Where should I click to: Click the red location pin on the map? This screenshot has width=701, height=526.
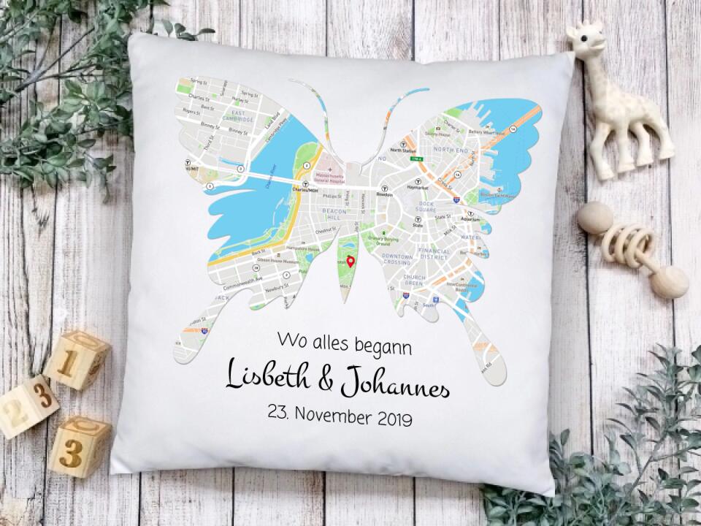tap(350, 262)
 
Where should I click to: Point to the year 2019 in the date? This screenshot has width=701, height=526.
tap(394, 419)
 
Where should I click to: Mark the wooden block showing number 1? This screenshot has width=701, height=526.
tap(77, 359)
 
